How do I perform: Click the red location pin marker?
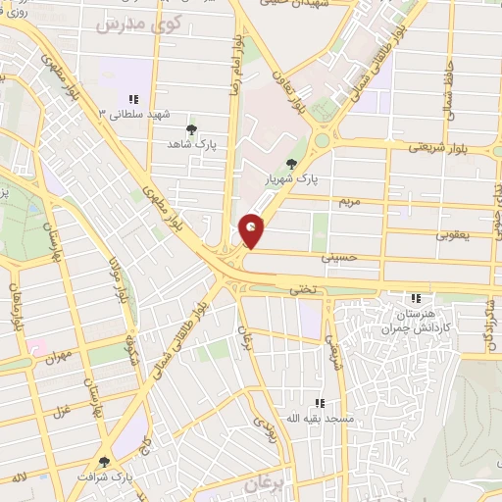pos(252,231)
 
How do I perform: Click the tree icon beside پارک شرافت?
pos(105,461)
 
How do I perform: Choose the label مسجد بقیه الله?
pos(319,419)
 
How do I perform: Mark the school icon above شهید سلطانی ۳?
pos(133,99)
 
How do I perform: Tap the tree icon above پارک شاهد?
pos(191,128)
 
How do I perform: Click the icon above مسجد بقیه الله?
pos(319,403)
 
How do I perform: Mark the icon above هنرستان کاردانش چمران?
pos(417,297)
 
